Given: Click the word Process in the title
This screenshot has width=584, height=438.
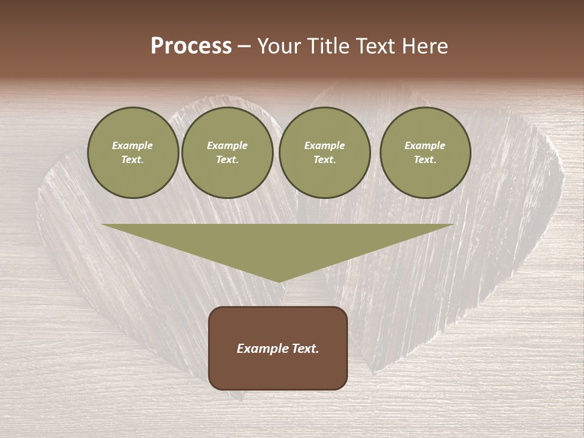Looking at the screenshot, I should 191,46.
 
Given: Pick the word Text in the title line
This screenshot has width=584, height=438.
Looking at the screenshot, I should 376,46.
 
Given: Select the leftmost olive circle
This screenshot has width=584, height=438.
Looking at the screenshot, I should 133,153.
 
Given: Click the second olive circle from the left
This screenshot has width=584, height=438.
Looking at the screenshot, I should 228,153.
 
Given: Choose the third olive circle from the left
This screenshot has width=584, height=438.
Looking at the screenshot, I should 325,153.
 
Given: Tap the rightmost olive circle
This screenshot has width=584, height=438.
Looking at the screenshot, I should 425,153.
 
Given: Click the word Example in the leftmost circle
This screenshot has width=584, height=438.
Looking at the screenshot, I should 133,145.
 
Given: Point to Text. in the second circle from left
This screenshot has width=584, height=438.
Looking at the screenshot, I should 228,160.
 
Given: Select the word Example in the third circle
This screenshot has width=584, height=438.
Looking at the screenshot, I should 324,145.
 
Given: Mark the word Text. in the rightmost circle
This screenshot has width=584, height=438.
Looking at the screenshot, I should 425,160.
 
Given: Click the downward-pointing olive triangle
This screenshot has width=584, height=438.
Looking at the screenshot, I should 278,243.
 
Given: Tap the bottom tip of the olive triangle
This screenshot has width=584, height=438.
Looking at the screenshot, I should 279,280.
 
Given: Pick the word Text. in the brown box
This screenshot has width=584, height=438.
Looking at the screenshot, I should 305,349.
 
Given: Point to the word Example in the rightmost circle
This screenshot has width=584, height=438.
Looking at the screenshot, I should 425,145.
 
